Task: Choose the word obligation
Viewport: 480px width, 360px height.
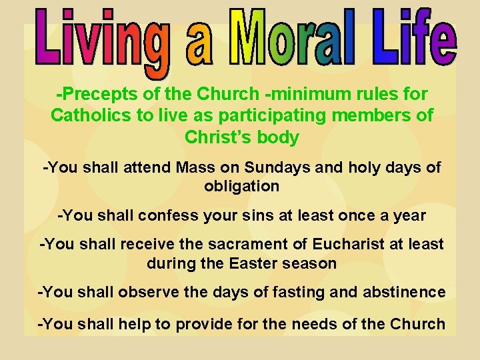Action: point(241,186)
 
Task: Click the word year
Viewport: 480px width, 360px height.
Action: point(410,216)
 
